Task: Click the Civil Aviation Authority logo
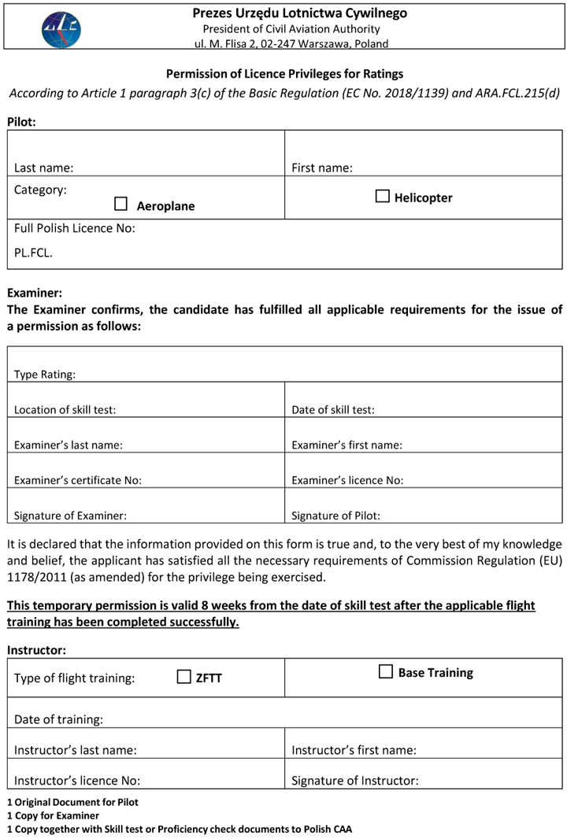click(x=61, y=29)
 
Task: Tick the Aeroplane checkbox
click(x=120, y=204)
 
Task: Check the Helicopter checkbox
click(x=383, y=196)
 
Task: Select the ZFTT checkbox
click(x=184, y=676)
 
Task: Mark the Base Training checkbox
click(x=386, y=671)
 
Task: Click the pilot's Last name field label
click(x=43, y=168)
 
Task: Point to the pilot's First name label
click(x=321, y=168)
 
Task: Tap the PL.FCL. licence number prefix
click(x=33, y=253)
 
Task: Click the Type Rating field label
click(x=45, y=375)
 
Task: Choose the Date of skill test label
click(x=333, y=409)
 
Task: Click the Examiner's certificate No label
click(x=78, y=480)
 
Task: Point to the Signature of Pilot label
click(x=335, y=516)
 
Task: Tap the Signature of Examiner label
click(x=70, y=516)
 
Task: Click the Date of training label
click(x=58, y=719)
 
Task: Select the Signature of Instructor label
click(x=354, y=781)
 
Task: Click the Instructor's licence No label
click(x=77, y=781)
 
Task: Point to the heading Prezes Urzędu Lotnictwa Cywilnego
click(x=299, y=13)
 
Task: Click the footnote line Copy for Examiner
click(x=54, y=815)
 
